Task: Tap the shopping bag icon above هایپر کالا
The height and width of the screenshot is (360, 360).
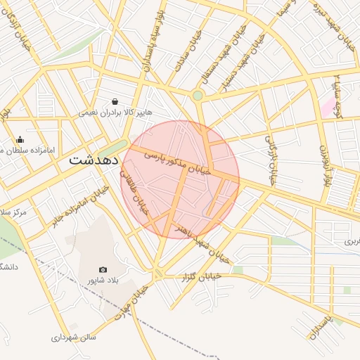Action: (115, 101)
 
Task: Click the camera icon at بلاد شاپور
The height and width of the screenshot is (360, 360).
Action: (103, 269)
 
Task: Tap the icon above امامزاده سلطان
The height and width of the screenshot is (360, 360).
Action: (20, 139)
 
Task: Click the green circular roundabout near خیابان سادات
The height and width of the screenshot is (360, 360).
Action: (198, 95)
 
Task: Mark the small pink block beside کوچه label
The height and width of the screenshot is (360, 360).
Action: (327, 107)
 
